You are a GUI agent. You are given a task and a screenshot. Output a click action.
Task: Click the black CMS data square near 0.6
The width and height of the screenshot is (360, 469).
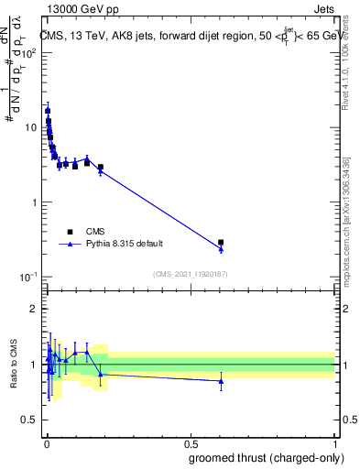[x=221, y=243]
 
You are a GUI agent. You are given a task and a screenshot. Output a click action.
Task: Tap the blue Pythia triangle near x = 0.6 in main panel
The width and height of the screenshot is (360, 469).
[x=221, y=249]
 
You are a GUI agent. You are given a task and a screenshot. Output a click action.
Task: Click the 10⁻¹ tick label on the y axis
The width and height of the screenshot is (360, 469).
[x=29, y=277]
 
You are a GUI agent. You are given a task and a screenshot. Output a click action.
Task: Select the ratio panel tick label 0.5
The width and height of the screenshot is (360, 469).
[x=30, y=420]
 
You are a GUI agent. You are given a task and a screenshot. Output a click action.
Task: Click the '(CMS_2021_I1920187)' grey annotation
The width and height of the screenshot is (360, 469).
[x=190, y=273]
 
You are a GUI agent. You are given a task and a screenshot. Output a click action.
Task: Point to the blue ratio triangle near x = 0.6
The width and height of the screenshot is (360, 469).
[x=221, y=380]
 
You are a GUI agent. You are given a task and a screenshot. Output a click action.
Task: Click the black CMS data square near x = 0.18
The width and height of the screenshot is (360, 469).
[x=100, y=168]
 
